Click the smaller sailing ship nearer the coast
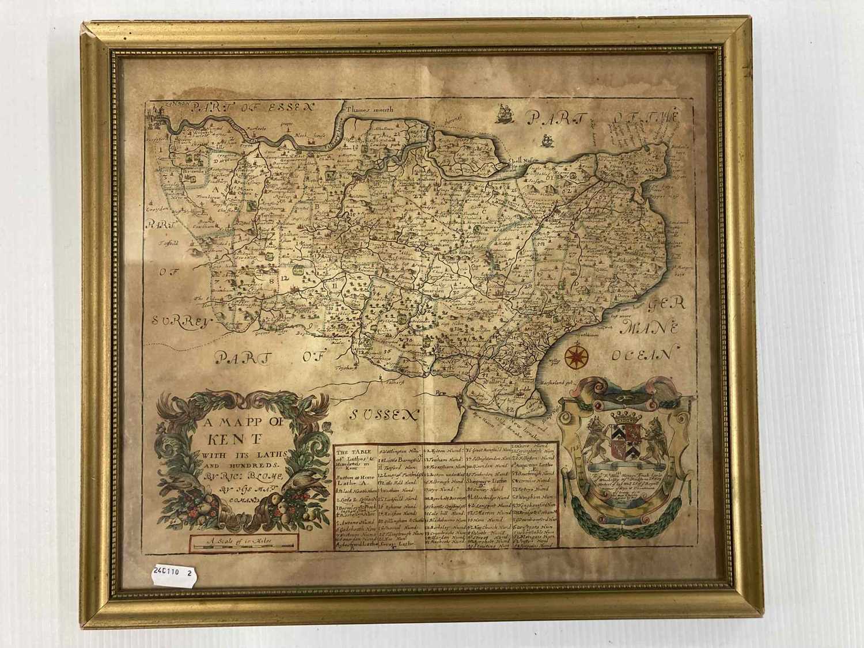click(546, 139)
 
